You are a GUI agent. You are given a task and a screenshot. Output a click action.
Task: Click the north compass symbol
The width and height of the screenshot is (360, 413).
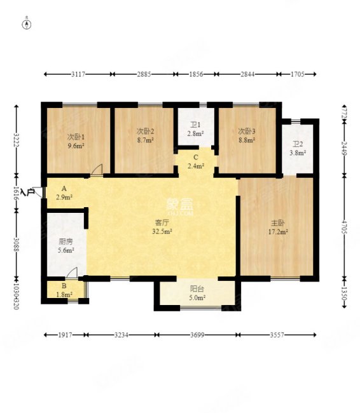[27, 24]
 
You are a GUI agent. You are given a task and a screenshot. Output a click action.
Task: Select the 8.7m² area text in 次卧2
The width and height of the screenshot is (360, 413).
[145, 140]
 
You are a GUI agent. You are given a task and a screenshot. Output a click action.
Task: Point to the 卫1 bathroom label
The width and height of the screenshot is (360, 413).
[195, 125]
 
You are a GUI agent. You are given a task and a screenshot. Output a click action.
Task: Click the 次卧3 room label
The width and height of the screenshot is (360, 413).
[247, 131]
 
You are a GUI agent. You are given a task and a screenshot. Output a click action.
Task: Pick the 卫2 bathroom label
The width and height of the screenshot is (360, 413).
[298, 144]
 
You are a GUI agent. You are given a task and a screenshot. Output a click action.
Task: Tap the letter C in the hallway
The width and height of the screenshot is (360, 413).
[196, 157]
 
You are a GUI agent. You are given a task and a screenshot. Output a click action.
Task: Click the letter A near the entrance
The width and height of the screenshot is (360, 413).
[64, 189]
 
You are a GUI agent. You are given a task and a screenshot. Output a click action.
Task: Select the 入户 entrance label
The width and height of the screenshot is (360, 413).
[28, 192]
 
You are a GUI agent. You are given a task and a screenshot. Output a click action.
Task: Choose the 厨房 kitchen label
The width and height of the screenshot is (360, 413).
[66, 241]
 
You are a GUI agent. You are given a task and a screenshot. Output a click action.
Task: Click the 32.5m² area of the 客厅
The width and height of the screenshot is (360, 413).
[162, 231]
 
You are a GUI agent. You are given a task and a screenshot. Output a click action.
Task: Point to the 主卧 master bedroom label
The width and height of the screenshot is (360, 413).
[278, 224]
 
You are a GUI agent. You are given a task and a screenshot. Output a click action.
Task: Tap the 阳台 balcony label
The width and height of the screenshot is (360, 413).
[197, 289]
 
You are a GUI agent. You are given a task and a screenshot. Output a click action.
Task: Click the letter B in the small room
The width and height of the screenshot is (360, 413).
[64, 286]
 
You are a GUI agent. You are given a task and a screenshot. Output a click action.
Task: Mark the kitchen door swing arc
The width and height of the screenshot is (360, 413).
[71, 273]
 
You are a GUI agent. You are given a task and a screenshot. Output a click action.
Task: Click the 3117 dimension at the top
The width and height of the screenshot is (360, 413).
[78, 74]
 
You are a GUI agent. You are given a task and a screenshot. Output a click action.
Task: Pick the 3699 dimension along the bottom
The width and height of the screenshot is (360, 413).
[197, 335]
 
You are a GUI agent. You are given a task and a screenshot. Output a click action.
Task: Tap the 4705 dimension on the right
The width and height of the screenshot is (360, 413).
[344, 227]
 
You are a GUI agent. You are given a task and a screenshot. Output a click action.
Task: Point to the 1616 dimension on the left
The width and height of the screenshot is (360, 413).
[17, 194]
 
